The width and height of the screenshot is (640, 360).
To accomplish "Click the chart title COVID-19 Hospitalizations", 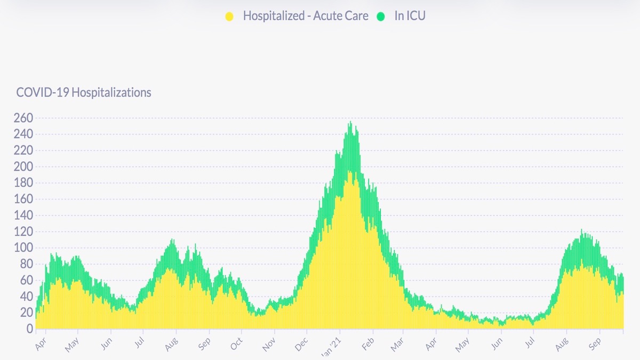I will [x=84, y=92].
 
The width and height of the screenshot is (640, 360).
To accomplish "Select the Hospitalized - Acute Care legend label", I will [x=306, y=15].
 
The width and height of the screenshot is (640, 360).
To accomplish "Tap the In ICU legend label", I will [x=410, y=15].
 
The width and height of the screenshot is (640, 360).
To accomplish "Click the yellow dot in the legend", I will [x=229, y=16].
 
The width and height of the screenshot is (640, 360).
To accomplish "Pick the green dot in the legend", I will [x=381, y=16].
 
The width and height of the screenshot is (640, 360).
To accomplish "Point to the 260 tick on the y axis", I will [x=23, y=118].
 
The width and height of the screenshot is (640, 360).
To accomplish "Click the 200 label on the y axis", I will [x=23, y=167].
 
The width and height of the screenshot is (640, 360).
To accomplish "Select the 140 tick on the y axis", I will [x=23, y=215].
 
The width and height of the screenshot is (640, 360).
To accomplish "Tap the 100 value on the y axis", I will [x=23, y=248].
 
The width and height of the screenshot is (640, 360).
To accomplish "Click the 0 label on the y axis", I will [x=30, y=329].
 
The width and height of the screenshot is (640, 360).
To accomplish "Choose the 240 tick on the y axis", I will [x=23, y=134].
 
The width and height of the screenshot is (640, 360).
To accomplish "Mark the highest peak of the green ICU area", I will [x=350, y=123].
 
